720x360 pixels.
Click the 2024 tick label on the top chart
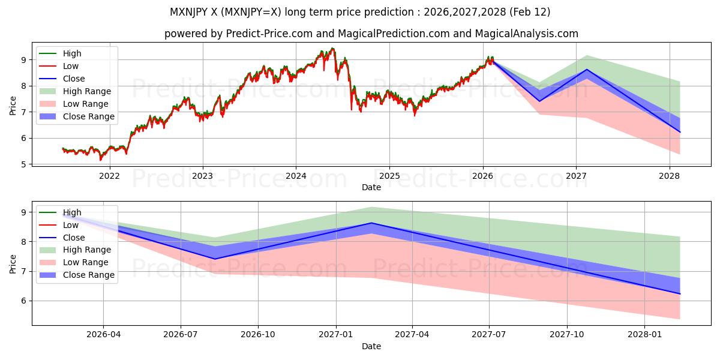click(296, 176)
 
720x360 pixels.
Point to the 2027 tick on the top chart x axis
click(576, 176)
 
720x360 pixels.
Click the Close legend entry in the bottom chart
click(74, 238)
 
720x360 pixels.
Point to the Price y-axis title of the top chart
click(13, 105)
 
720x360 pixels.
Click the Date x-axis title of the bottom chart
click(371, 346)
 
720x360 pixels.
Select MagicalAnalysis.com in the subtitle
click(527, 34)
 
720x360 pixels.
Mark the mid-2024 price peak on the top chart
click(332, 48)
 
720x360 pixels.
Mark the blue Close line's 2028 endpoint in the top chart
click(680, 132)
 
